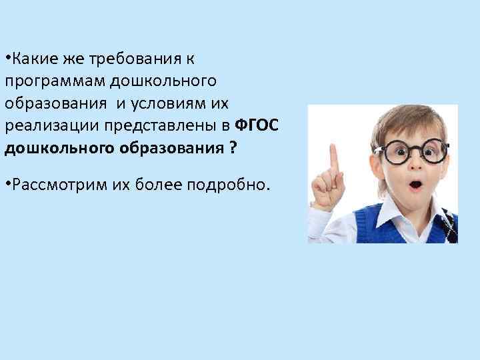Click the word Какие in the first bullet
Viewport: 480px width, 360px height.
[30, 59]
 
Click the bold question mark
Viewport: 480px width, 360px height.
[231, 149]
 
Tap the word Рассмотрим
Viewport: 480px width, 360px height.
[53, 185]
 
